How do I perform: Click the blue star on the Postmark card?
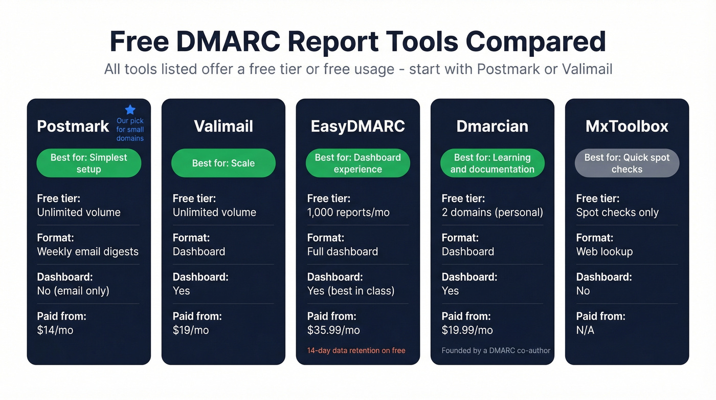pyautogui.click(x=130, y=110)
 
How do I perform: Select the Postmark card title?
pyautogui.click(x=73, y=127)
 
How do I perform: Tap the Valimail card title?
pyautogui.click(x=223, y=127)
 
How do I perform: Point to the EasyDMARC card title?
pyautogui.click(x=358, y=127)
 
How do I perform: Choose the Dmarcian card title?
pyautogui.click(x=493, y=127)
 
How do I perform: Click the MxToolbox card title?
pyautogui.click(x=627, y=127)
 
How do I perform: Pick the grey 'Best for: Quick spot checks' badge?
pyautogui.click(x=627, y=163)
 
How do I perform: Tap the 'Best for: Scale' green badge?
pyautogui.click(x=223, y=163)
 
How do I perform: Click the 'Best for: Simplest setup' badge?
pyautogui.click(x=89, y=163)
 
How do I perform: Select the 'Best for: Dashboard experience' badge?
pyautogui.click(x=358, y=163)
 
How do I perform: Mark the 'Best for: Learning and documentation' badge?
pyautogui.click(x=493, y=163)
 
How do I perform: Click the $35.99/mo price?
pyautogui.click(x=333, y=330)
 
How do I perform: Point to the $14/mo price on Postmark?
pyautogui.click(x=55, y=330)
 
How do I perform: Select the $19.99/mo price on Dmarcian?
pyautogui.click(x=467, y=330)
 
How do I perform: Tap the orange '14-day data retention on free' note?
pyautogui.click(x=356, y=351)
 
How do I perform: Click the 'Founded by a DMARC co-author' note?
pyautogui.click(x=496, y=351)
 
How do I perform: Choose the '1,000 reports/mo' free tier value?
pyautogui.click(x=348, y=213)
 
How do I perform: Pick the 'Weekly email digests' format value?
pyautogui.click(x=88, y=251)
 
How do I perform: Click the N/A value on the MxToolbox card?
pyautogui.click(x=585, y=330)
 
